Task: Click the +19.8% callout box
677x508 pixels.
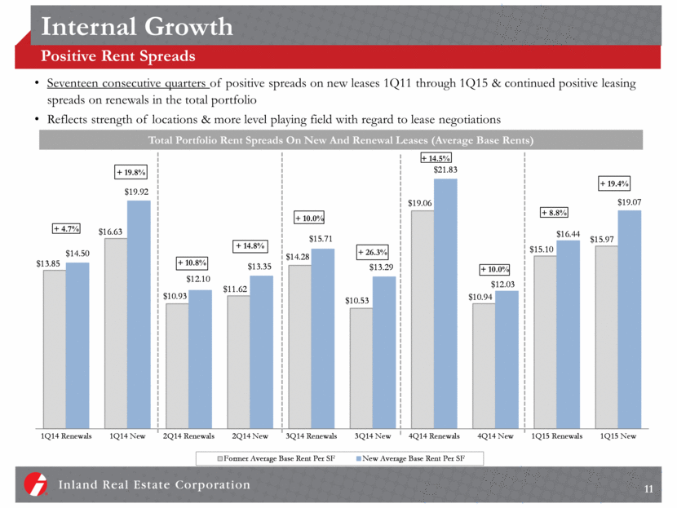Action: tap(131, 172)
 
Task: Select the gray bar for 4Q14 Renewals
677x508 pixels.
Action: tap(422, 318)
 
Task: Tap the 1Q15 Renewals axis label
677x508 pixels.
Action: tap(556, 436)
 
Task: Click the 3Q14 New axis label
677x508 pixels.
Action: tap(372, 436)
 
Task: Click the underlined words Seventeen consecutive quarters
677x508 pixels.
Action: tap(131, 85)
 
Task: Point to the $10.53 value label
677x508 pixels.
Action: tap(361, 300)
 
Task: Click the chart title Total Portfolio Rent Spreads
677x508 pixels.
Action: tap(341, 140)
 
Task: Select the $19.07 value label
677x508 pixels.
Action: tap(629, 202)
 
